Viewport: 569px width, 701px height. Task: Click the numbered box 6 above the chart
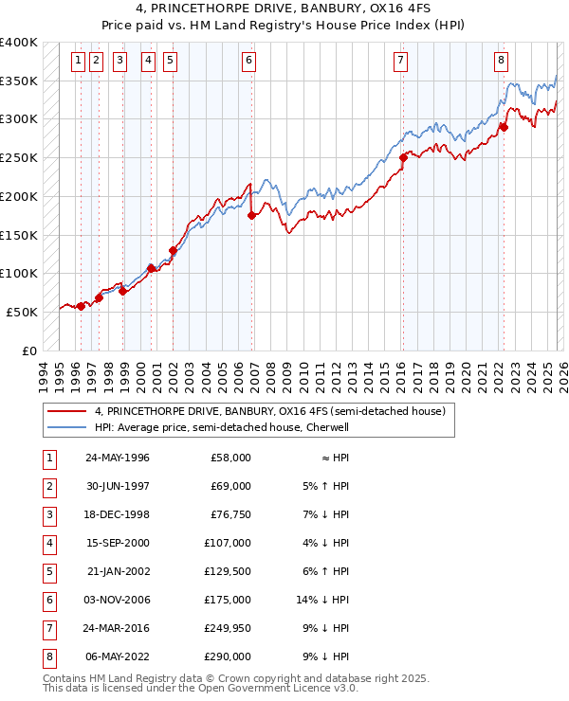tap(248, 61)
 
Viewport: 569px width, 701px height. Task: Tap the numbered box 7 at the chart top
tap(401, 61)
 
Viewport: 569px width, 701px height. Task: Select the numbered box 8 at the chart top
tap(501, 61)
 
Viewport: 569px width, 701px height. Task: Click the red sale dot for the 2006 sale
tap(251, 216)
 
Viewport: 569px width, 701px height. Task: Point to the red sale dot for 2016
tap(403, 158)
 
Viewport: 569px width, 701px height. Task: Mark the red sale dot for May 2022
tap(504, 127)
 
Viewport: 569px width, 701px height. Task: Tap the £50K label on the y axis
tap(23, 312)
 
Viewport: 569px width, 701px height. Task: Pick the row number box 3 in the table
tap(48, 514)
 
